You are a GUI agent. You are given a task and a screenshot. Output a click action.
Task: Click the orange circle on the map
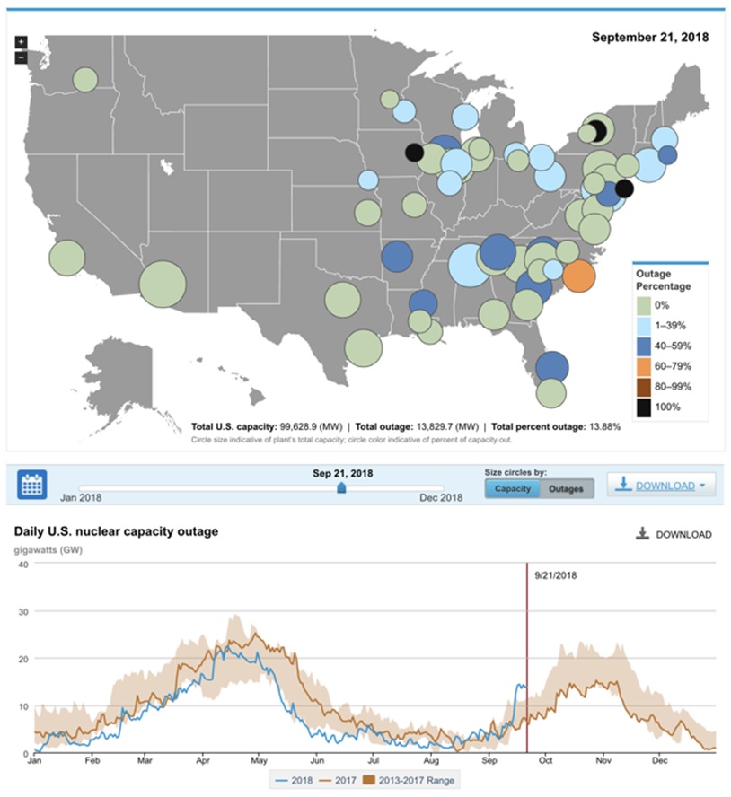pos(579,276)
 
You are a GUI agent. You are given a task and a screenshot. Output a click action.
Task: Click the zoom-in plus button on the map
pos(21,42)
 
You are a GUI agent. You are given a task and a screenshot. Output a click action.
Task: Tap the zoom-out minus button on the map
pos(21,57)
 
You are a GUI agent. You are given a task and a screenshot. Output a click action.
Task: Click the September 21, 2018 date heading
pos(650,38)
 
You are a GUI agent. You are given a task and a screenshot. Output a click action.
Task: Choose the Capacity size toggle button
pos(512,488)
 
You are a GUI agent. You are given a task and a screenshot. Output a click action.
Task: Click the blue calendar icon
pos(33,485)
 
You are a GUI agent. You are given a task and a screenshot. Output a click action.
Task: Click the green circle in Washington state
pos(84,80)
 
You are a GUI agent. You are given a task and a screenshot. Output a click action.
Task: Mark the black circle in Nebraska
pos(414,153)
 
